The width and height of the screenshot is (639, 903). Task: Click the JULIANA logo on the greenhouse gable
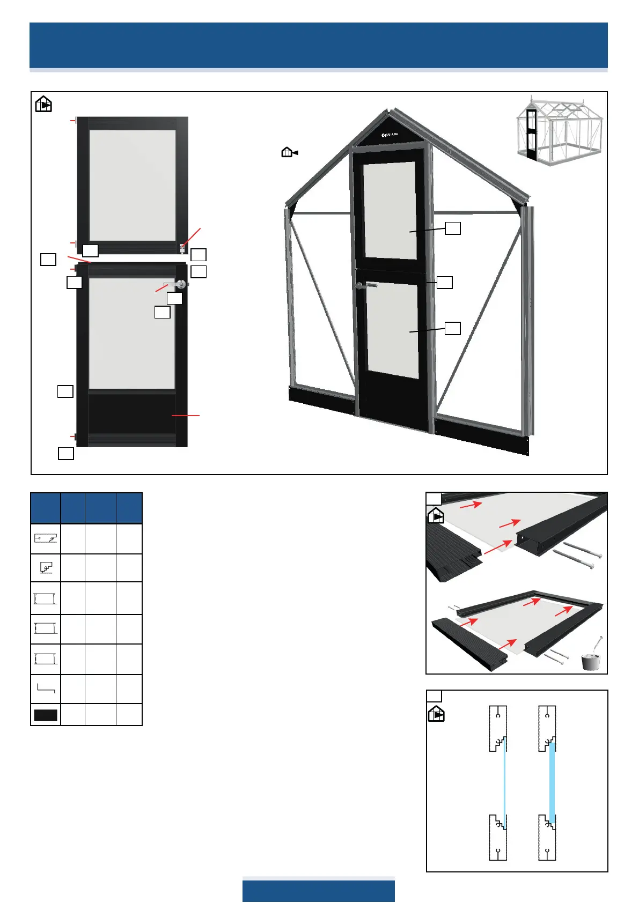click(390, 135)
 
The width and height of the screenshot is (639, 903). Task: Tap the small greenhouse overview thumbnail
click(559, 131)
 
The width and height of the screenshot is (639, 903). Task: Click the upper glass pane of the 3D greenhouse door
click(390, 211)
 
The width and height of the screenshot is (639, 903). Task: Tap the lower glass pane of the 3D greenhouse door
click(392, 330)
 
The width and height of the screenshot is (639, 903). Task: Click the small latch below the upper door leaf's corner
click(183, 248)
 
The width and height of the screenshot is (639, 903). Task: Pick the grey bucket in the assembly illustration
click(591, 661)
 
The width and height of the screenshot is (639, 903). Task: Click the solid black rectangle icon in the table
click(46, 715)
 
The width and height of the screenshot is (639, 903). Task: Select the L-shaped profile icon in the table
click(46, 688)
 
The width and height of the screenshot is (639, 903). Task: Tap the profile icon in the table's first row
click(46, 538)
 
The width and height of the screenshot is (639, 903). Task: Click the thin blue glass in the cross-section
click(505, 783)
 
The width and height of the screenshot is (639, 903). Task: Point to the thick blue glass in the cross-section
click(552, 783)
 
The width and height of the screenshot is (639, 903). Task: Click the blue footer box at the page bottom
click(318, 891)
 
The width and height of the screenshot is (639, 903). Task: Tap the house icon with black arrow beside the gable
click(289, 153)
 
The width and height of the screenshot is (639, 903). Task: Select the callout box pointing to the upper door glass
click(453, 228)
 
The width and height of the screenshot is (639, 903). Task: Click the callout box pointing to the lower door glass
click(453, 328)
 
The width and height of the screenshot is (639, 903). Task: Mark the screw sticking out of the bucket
click(598, 643)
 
